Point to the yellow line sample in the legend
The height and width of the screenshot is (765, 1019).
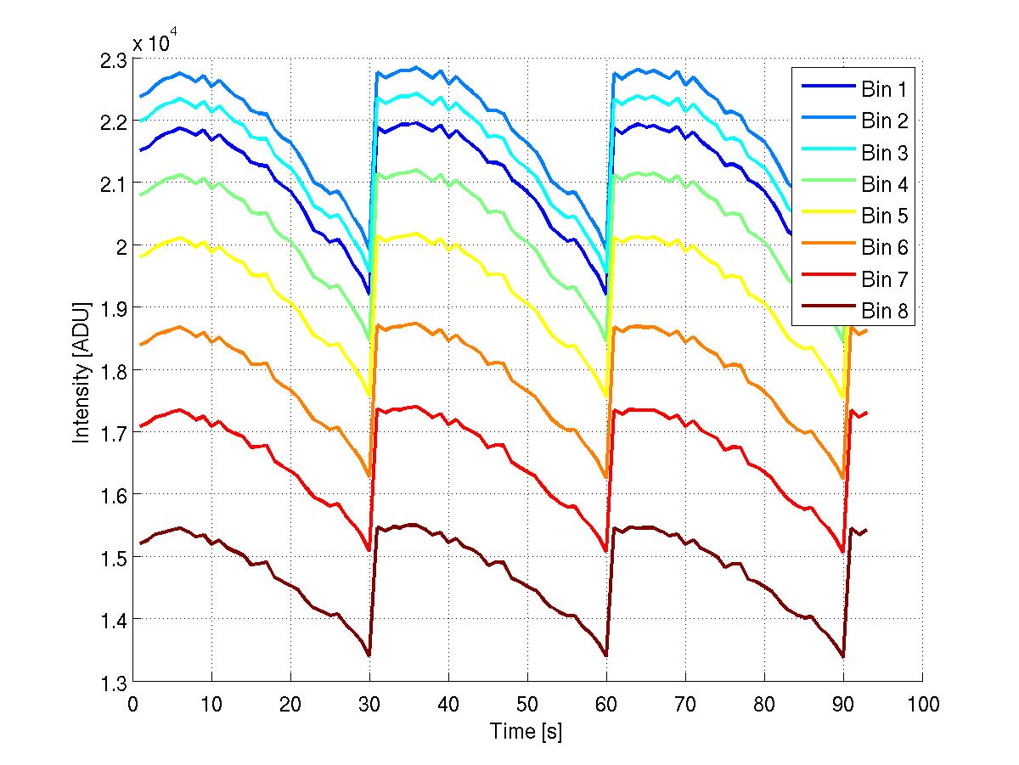pos(826,216)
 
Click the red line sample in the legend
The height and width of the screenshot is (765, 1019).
pos(826,279)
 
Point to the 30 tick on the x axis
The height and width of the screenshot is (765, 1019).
pos(369,705)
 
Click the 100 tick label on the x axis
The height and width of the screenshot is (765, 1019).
pos(922,705)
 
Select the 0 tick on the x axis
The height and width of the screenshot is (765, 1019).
pos(133,705)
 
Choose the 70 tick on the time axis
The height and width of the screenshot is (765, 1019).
pos(685,705)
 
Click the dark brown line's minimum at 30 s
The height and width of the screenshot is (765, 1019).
pos(369,655)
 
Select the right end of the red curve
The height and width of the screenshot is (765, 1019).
pos(866,413)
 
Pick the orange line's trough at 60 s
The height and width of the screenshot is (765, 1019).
pos(606,478)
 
